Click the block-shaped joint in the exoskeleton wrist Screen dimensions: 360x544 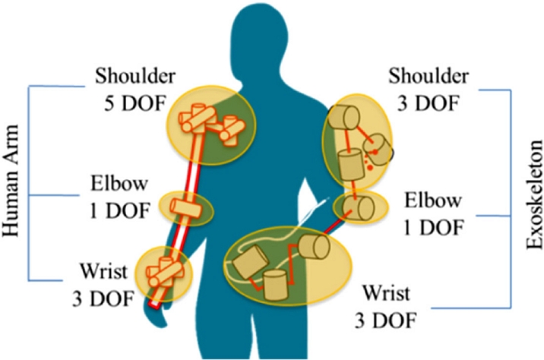click(248, 266)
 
